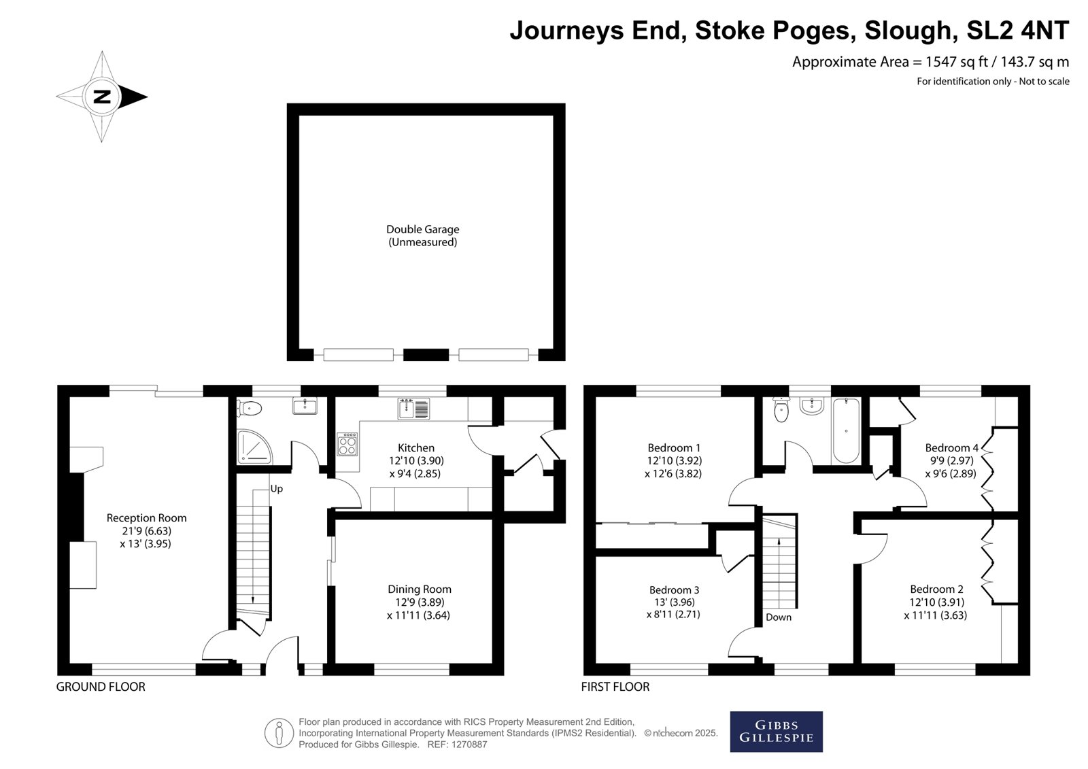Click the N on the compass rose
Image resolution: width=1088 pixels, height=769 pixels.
click(x=102, y=97)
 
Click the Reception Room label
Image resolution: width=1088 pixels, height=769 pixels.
click(x=146, y=518)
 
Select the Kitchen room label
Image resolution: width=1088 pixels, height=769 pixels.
click(x=415, y=447)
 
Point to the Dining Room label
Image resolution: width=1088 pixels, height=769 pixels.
click(x=419, y=589)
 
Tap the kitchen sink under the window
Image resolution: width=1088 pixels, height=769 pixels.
click(x=413, y=408)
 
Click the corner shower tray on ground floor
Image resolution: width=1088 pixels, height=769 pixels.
click(x=254, y=447)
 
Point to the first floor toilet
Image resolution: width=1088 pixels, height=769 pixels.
click(x=781, y=410)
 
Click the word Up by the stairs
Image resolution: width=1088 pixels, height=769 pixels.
click(x=276, y=489)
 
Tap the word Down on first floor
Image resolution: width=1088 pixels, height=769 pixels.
click(x=779, y=617)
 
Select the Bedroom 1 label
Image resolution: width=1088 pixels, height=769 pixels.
click(x=674, y=447)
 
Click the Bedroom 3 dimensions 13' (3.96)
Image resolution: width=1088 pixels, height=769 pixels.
click(x=674, y=602)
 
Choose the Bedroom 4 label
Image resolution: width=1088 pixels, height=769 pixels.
click(x=951, y=447)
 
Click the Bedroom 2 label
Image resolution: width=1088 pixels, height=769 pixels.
click(x=936, y=589)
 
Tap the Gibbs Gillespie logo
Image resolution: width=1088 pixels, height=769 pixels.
click(x=776, y=732)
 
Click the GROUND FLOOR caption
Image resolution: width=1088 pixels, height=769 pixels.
click(x=101, y=687)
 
